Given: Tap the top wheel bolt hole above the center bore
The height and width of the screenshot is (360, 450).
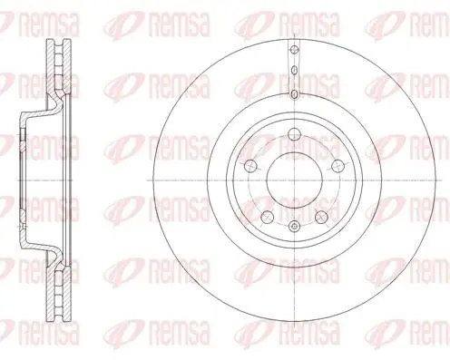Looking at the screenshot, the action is click(x=294, y=133).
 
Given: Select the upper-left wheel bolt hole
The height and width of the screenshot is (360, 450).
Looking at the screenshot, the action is click(x=250, y=165).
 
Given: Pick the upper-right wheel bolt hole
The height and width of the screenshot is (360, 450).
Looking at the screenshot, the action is click(x=337, y=165).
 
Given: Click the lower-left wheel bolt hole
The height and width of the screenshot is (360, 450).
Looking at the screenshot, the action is click(x=267, y=217).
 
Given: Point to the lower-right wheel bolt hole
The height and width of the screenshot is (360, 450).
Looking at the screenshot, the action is click(x=321, y=217).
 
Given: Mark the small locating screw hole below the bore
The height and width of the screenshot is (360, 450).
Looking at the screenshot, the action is click(x=294, y=226).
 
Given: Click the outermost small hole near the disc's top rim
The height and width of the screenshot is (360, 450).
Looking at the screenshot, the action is click(x=294, y=50).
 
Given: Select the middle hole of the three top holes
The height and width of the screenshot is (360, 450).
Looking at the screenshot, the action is click(x=294, y=71).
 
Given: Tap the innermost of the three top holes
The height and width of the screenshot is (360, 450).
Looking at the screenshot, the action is click(x=294, y=94).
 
